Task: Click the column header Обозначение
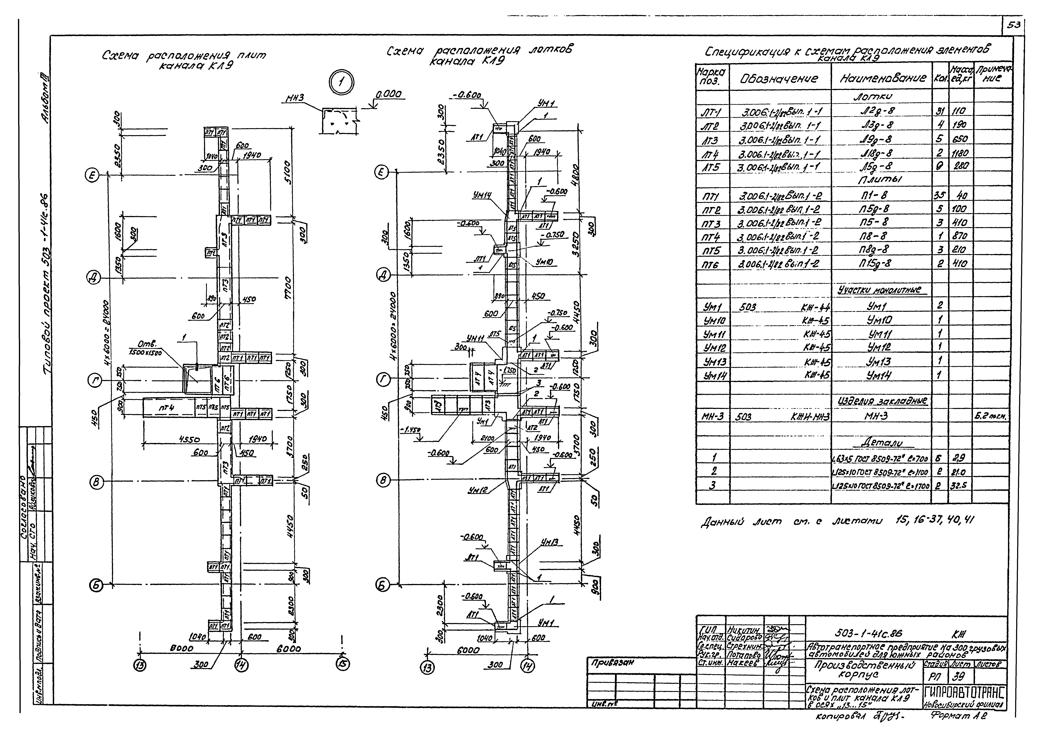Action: (x=779, y=79)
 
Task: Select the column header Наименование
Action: (x=883, y=79)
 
